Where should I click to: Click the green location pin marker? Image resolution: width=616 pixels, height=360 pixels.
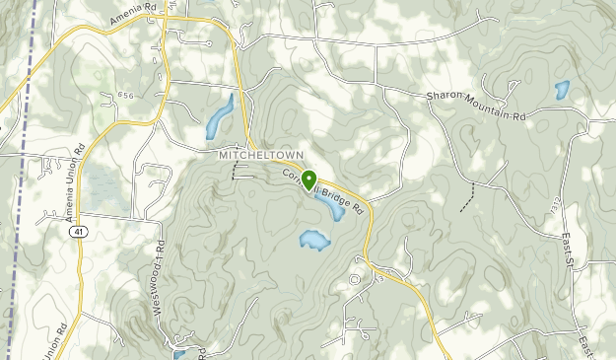pyautogui.click(x=308, y=180)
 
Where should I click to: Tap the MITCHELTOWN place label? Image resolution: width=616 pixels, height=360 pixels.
pyautogui.click(x=258, y=156)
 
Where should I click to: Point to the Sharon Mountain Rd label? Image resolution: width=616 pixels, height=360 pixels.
pyautogui.click(x=477, y=107)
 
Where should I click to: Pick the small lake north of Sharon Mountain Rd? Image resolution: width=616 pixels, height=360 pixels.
pyautogui.click(x=562, y=90)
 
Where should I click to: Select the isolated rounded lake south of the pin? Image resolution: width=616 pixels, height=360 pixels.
pyautogui.click(x=313, y=240)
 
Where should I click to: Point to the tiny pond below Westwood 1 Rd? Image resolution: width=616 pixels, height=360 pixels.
pyautogui.click(x=178, y=352)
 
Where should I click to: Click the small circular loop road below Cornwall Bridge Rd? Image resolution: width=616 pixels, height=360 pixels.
pyautogui.click(x=355, y=280)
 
